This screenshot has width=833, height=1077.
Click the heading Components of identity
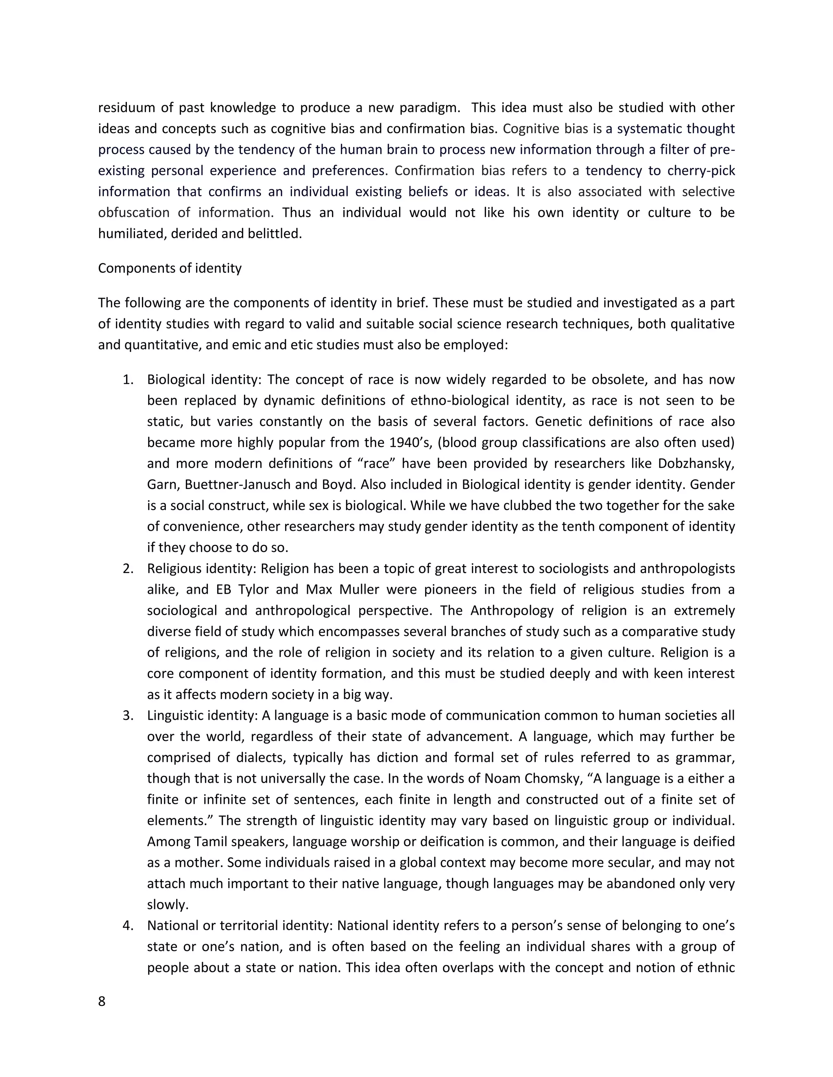169,268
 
